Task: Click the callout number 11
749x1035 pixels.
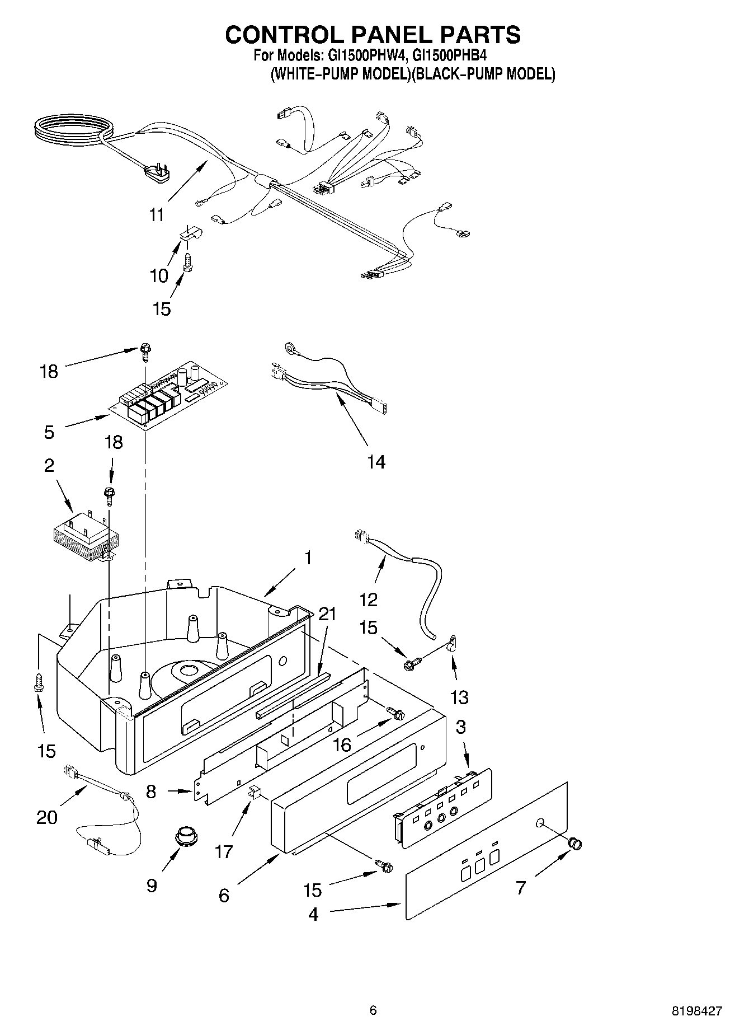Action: (157, 214)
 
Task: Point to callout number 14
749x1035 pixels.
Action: (376, 462)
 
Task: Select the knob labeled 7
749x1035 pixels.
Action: (575, 842)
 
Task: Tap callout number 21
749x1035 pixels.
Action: (327, 614)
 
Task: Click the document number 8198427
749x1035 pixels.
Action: (696, 1011)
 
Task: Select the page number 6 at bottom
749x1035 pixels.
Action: (373, 1010)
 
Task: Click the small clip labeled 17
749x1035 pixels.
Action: (255, 791)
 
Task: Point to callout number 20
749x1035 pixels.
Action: (47, 817)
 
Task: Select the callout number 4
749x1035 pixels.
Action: (313, 914)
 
